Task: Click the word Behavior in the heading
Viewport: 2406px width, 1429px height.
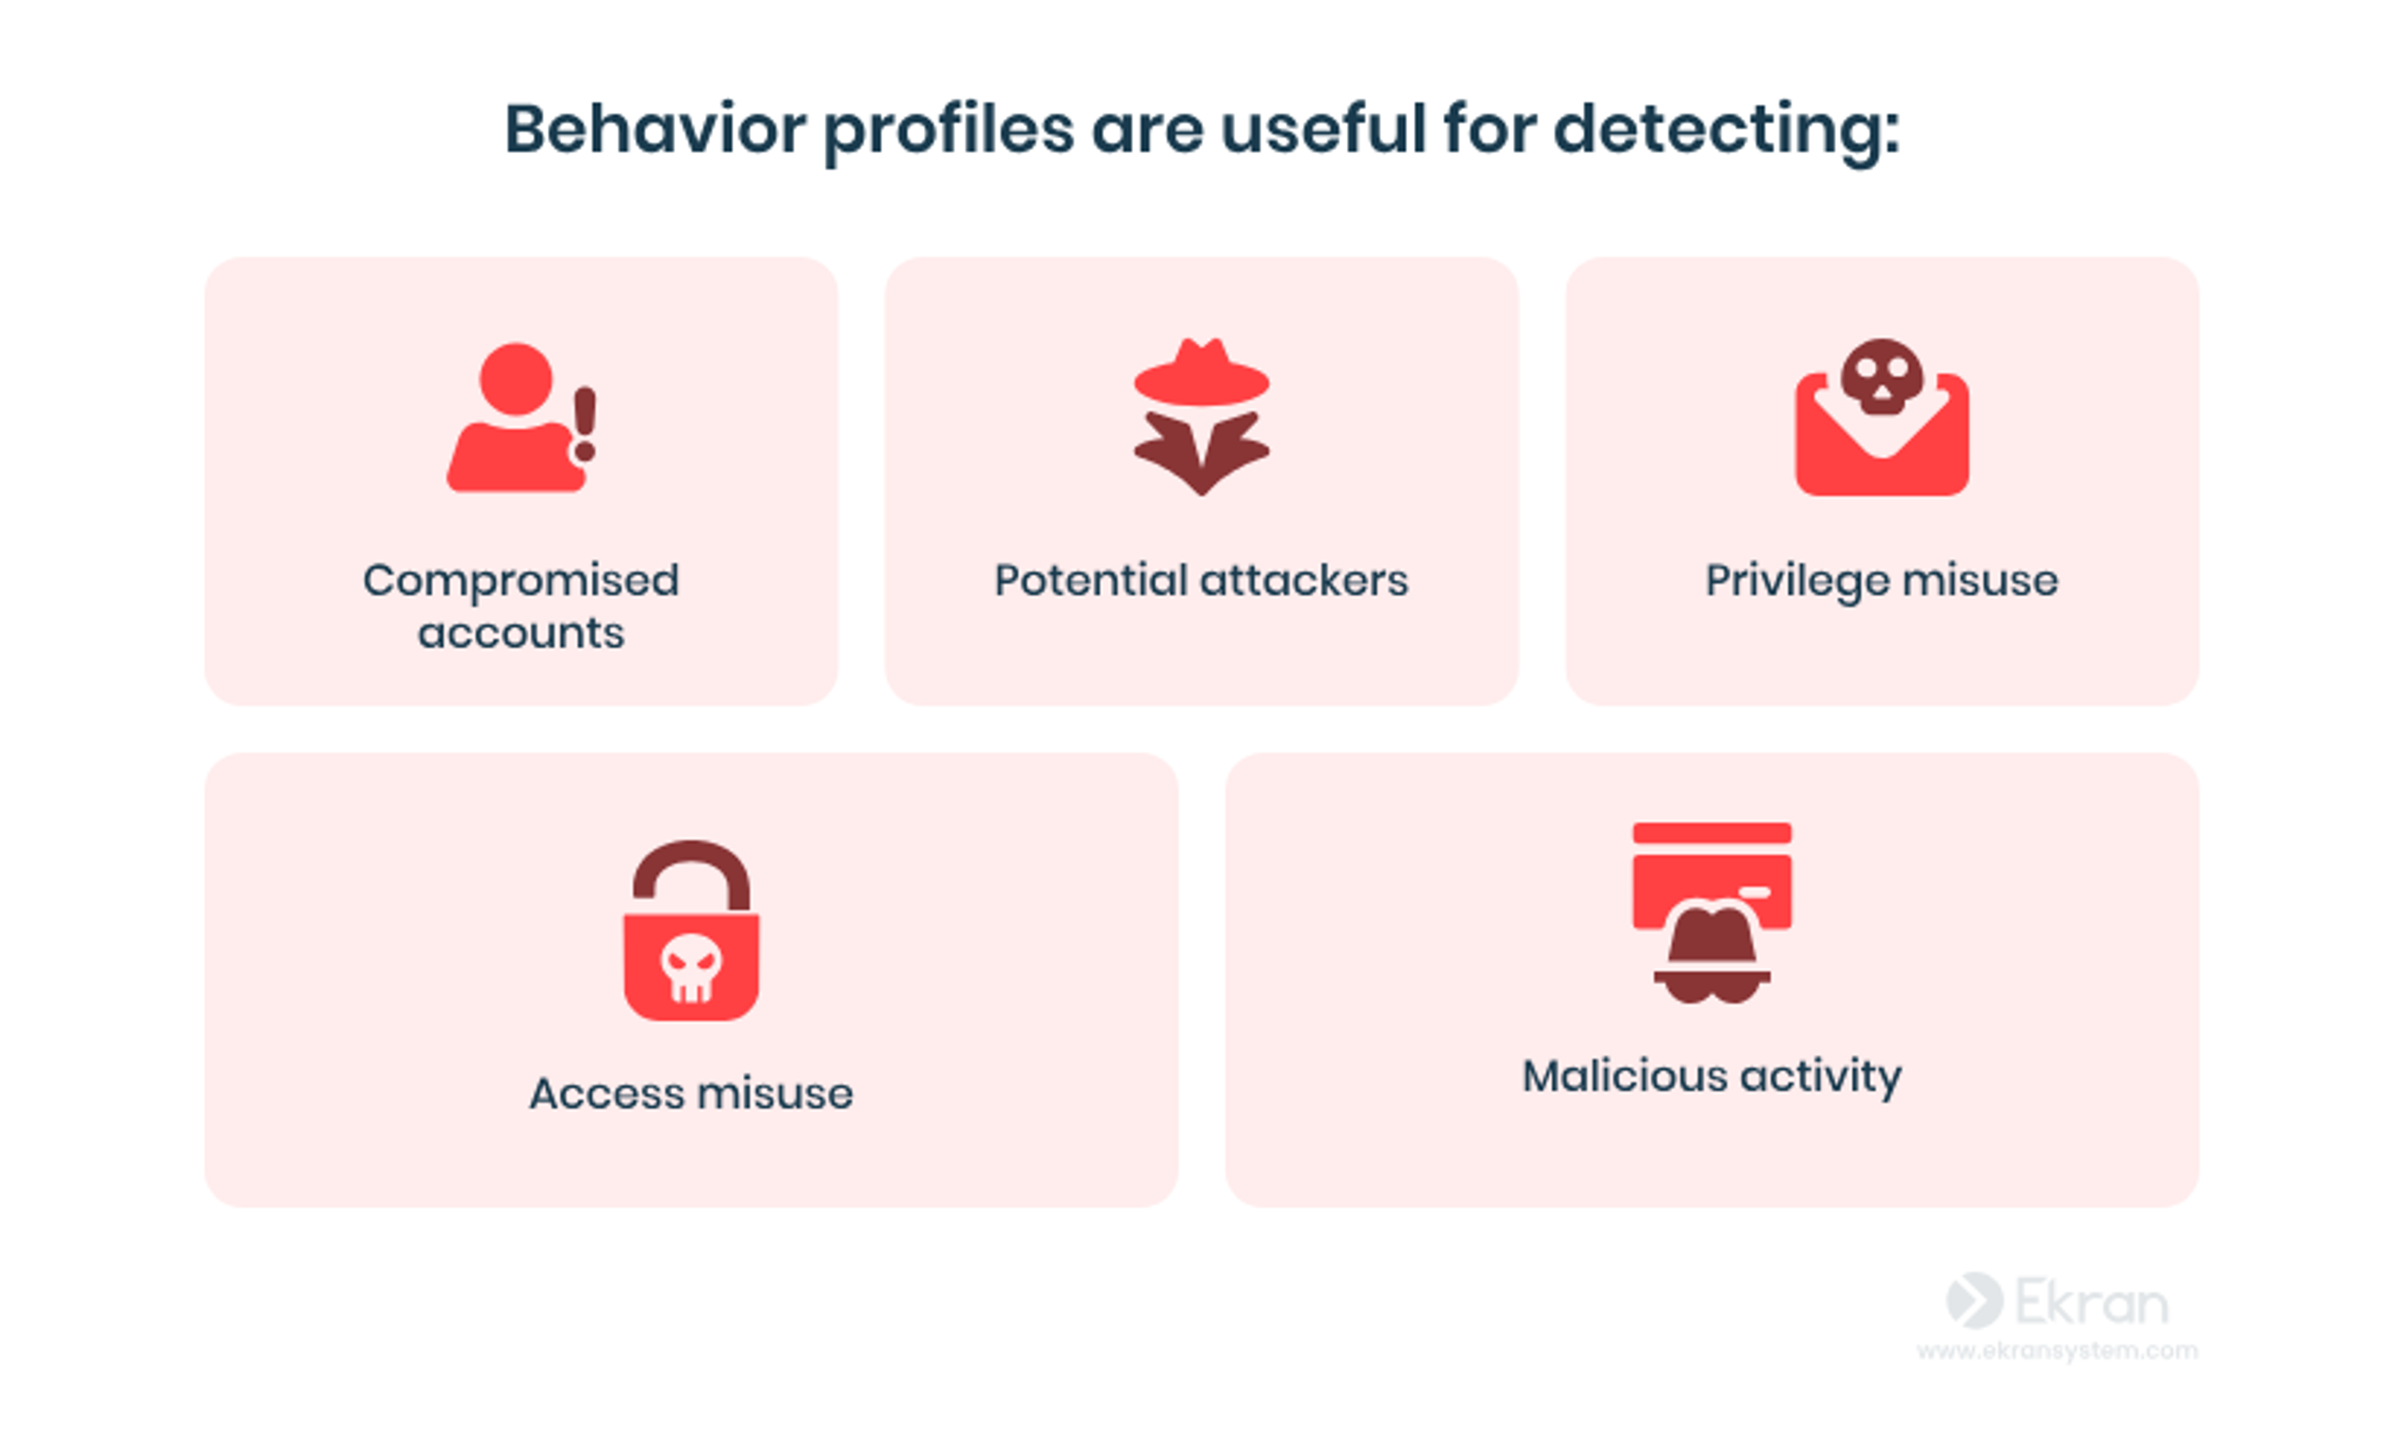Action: coord(655,129)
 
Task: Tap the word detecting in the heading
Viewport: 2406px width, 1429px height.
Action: coord(1726,129)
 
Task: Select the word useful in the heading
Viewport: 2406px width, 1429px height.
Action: coord(1323,129)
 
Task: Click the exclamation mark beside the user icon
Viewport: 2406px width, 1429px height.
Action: coord(585,424)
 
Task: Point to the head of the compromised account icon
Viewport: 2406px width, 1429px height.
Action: coord(516,378)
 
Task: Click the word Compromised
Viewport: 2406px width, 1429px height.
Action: coord(521,581)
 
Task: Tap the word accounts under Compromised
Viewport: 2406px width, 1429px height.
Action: coord(521,633)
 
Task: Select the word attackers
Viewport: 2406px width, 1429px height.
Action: coord(1304,581)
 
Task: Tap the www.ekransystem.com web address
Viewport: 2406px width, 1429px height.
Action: coord(2056,1351)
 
